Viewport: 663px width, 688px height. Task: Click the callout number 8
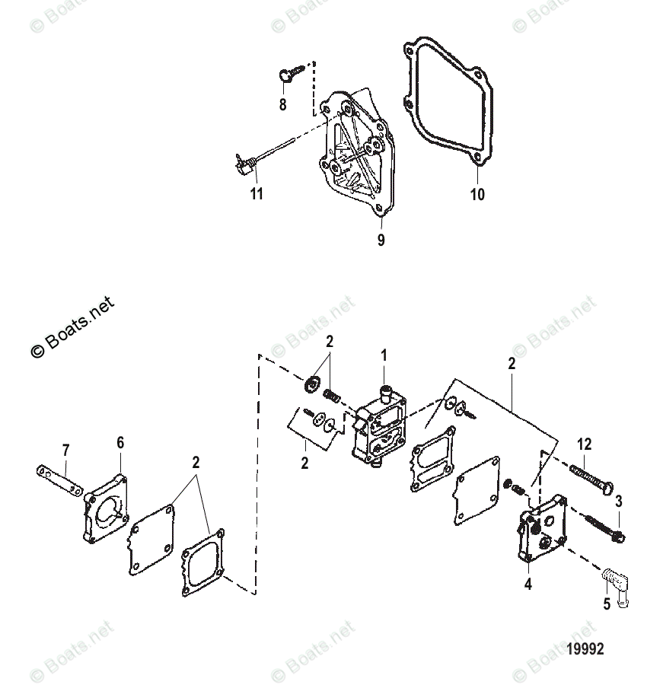(282, 105)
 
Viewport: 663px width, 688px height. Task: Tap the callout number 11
(257, 193)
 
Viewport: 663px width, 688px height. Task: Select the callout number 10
(477, 194)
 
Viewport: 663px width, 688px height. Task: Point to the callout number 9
(381, 240)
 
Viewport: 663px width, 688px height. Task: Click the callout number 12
(584, 444)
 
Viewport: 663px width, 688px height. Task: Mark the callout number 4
(528, 584)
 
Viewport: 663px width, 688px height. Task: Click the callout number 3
(618, 500)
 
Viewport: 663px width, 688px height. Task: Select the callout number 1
(384, 355)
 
